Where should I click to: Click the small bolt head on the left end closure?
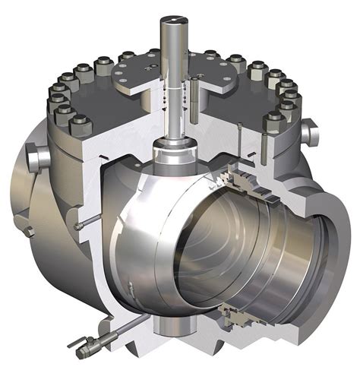tap(28, 229)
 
